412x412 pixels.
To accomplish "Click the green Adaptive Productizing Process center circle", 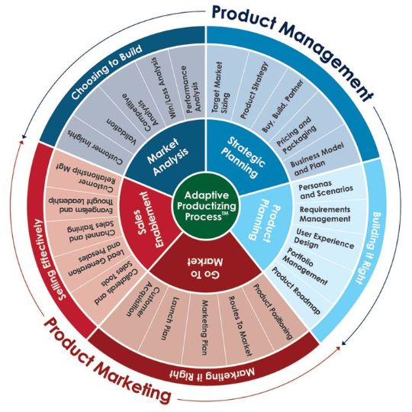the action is pos(207,206).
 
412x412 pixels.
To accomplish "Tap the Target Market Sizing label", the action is pos(220,88).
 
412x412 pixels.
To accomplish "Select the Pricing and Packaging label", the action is pos(296,135).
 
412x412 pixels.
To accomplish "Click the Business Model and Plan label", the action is pos(317,159).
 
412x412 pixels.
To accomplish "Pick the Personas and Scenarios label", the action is pos(326,190).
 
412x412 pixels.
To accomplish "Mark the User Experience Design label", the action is pos(323,239).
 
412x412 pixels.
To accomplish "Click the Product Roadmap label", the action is pos(296,291).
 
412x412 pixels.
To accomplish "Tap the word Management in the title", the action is pos(328,56).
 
